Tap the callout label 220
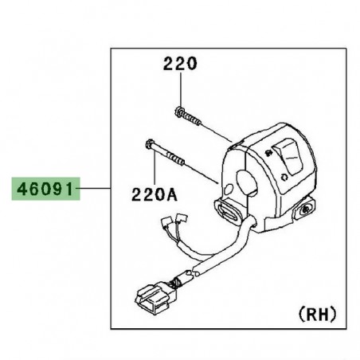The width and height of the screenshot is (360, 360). (180, 64)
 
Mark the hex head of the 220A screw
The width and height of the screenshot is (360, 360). (149, 146)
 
